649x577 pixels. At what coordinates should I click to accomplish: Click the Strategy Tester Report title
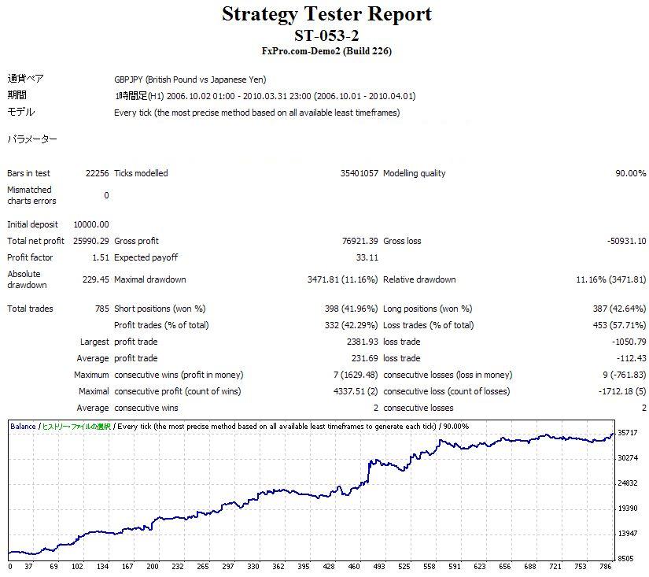[x=326, y=14]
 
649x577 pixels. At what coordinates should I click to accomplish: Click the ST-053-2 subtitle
[x=326, y=35]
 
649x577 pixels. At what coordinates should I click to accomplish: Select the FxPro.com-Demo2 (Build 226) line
[x=326, y=51]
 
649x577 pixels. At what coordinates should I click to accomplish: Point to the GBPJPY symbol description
[x=190, y=80]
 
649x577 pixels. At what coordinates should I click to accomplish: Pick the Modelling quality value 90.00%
[x=630, y=173]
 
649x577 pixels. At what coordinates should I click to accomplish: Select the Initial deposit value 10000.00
[x=91, y=224]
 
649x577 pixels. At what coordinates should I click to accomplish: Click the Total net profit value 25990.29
[x=90, y=241]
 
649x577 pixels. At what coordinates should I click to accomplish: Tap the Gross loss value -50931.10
[x=626, y=241]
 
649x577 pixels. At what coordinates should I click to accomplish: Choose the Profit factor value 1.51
[x=101, y=257]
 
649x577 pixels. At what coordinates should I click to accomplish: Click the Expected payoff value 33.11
[x=367, y=257]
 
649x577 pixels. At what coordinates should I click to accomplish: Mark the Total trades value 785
[x=101, y=309]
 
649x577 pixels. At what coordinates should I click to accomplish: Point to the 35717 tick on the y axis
[x=628, y=432]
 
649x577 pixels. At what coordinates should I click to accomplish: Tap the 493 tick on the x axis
[x=379, y=566]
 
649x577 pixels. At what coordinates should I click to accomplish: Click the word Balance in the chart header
[x=23, y=427]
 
